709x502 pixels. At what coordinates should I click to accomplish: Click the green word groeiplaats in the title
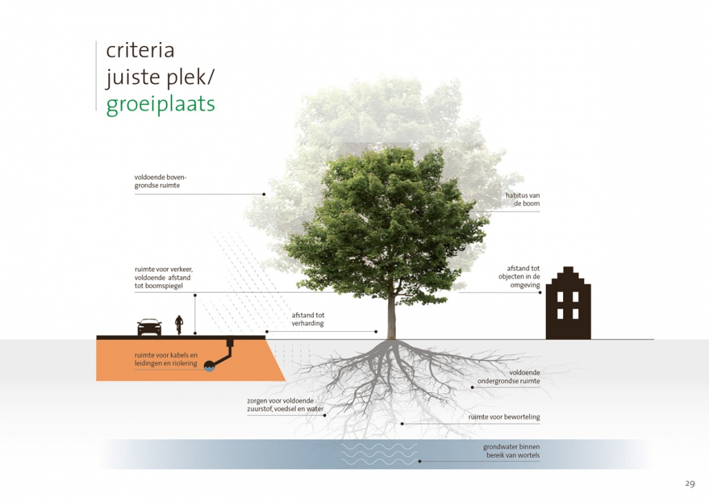pos(160,105)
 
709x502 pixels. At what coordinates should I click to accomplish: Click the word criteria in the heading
pos(140,50)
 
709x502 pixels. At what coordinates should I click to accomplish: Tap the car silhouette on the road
pos(149,327)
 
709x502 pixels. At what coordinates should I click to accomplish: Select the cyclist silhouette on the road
pos(180,325)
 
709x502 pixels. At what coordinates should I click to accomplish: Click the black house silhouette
pos(569,303)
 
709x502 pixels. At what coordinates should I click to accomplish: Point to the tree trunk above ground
pos(392,312)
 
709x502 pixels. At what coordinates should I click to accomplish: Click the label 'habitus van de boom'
pos(522,200)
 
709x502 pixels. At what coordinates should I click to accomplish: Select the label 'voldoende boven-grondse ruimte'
pos(160,181)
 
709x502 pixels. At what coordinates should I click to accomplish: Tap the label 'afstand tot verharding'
pos(308,320)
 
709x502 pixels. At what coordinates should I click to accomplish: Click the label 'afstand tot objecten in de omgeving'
pos(519,277)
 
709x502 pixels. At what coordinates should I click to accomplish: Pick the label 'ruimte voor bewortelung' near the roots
pos(504,417)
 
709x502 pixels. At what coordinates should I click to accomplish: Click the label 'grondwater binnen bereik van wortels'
pos(511,451)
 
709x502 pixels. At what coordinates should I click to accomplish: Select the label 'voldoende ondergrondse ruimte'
pos(509,377)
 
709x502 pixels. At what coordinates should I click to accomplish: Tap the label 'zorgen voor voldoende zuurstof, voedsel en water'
pos(285,405)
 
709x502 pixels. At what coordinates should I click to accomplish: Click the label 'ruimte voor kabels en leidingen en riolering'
pos(166,359)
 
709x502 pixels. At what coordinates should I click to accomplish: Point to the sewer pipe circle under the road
pos(209,366)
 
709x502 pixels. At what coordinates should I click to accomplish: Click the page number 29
pos(690,483)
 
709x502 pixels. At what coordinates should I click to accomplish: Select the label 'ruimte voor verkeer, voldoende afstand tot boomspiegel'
pos(163,278)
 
